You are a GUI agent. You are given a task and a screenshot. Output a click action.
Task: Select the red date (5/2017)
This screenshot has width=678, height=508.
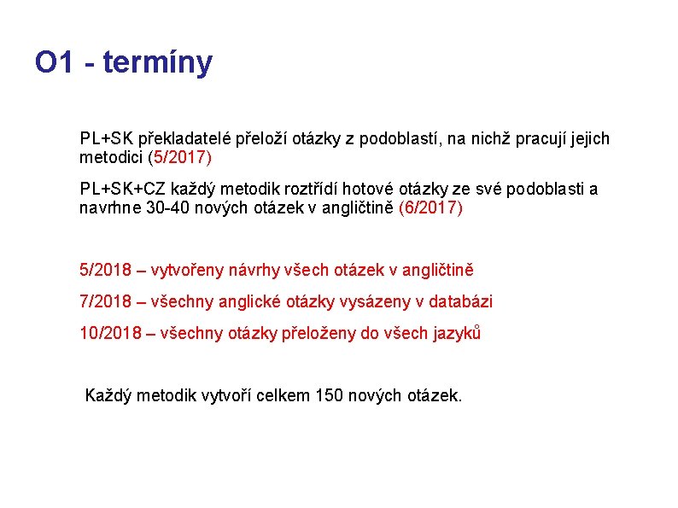point(179,157)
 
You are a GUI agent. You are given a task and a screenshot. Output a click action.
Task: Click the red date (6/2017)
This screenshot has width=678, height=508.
point(430,208)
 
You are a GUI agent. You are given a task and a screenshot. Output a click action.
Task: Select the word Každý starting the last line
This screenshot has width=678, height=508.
point(109,395)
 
